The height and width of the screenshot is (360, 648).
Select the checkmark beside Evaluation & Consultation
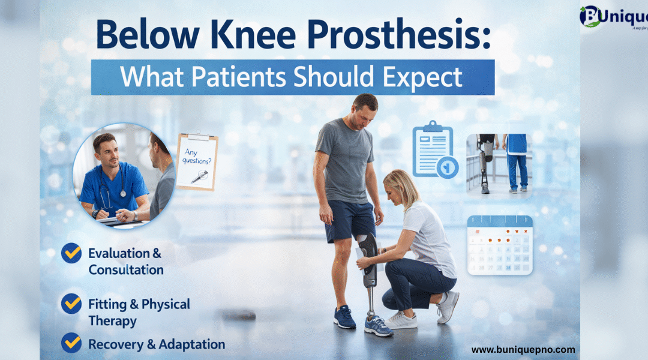click(x=71, y=253)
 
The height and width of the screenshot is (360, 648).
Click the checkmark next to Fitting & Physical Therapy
click(x=71, y=304)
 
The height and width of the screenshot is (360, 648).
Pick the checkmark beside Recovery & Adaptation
click(x=71, y=343)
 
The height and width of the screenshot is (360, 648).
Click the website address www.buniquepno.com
click(x=523, y=349)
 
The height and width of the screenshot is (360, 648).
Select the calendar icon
click(x=500, y=245)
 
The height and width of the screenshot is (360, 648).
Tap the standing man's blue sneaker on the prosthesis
click(x=378, y=326)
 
